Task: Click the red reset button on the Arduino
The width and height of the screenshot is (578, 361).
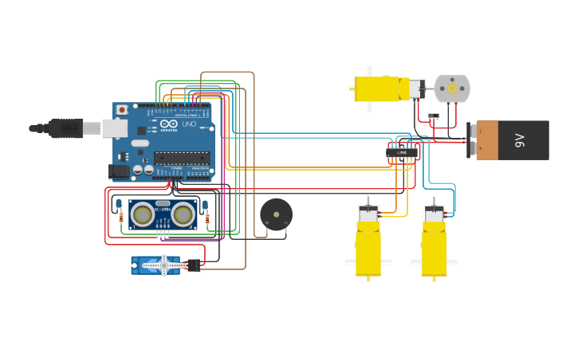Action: click(x=121, y=109)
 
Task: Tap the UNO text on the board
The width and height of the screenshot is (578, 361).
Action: click(x=189, y=124)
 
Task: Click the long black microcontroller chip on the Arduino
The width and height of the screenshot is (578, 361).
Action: click(x=182, y=156)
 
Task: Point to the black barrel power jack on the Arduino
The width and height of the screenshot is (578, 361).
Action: click(x=118, y=170)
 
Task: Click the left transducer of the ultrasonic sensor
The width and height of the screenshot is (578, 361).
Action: click(x=143, y=214)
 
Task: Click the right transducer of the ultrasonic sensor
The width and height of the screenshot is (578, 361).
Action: click(x=183, y=214)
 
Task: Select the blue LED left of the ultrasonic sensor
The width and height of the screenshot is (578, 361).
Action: click(x=118, y=204)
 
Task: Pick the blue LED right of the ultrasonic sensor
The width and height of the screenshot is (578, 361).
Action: click(x=205, y=205)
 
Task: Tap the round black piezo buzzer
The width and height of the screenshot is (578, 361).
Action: click(x=276, y=214)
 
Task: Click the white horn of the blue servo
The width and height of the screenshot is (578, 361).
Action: click(x=164, y=265)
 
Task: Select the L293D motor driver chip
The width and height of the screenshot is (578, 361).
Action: click(x=403, y=152)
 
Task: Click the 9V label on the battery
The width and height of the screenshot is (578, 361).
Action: click(x=520, y=140)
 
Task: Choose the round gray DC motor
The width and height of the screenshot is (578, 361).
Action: click(x=452, y=88)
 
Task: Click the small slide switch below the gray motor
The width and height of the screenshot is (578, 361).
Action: click(x=434, y=116)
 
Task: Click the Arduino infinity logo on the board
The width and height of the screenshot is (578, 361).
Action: click(x=169, y=124)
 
